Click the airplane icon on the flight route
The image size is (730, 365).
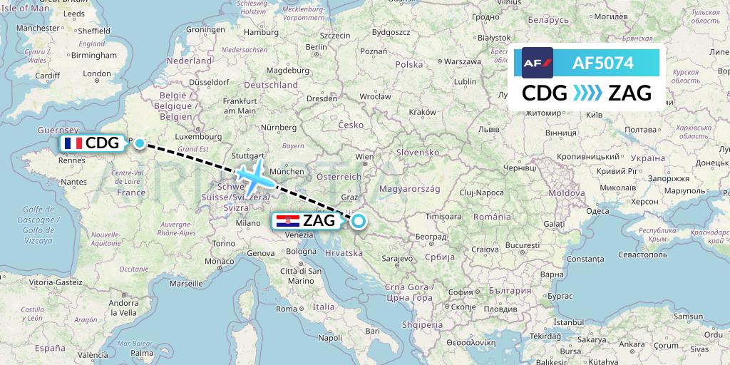pos(250,174)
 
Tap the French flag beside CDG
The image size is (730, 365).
pos(72,143)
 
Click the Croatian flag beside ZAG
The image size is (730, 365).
pos(287,221)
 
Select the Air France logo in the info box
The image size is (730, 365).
pos(538,63)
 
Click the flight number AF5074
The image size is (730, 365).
pos(602,63)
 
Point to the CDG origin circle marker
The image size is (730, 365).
pos(140,143)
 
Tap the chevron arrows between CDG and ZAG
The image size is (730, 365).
pos(587,93)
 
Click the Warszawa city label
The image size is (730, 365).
pos(462,62)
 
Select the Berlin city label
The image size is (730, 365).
pos(316,47)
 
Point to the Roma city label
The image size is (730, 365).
pos(286,309)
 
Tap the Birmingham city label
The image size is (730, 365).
pos(93,55)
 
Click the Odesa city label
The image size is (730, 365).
pos(597,211)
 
